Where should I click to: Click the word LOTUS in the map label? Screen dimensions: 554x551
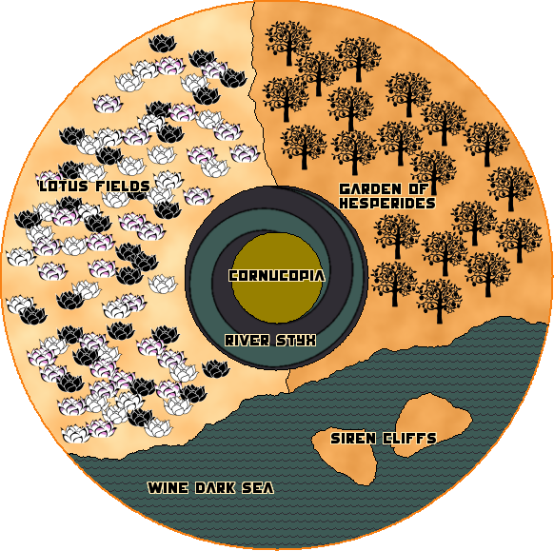pyautogui.click(x=64, y=187)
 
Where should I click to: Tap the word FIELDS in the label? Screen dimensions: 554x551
pyautogui.click(x=123, y=187)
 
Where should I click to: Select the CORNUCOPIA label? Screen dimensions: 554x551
pyautogui.click(x=277, y=276)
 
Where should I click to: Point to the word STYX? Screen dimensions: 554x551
pyautogui.click(x=296, y=341)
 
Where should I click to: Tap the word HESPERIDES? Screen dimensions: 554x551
pyautogui.click(x=387, y=203)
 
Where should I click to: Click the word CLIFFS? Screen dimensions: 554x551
pyautogui.click(x=410, y=439)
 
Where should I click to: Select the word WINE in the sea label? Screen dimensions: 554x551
pyautogui.click(x=168, y=488)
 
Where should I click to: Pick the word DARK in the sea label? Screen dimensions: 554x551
pyautogui.click(x=215, y=488)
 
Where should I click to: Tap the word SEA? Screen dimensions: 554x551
pyautogui.click(x=258, y=488)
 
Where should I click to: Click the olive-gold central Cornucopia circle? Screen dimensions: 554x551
pyautogui.click(x=277, y=278)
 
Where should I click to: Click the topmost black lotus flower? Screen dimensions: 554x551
pyautogui.click(x=162, y=44)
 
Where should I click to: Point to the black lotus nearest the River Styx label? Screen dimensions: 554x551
pyautogui.click(x=216, y=368)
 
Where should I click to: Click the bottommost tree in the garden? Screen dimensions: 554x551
pyautogui.click(x=439, y=301)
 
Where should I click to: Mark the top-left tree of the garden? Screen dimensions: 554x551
pyautogui.click(x=288, y=43)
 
